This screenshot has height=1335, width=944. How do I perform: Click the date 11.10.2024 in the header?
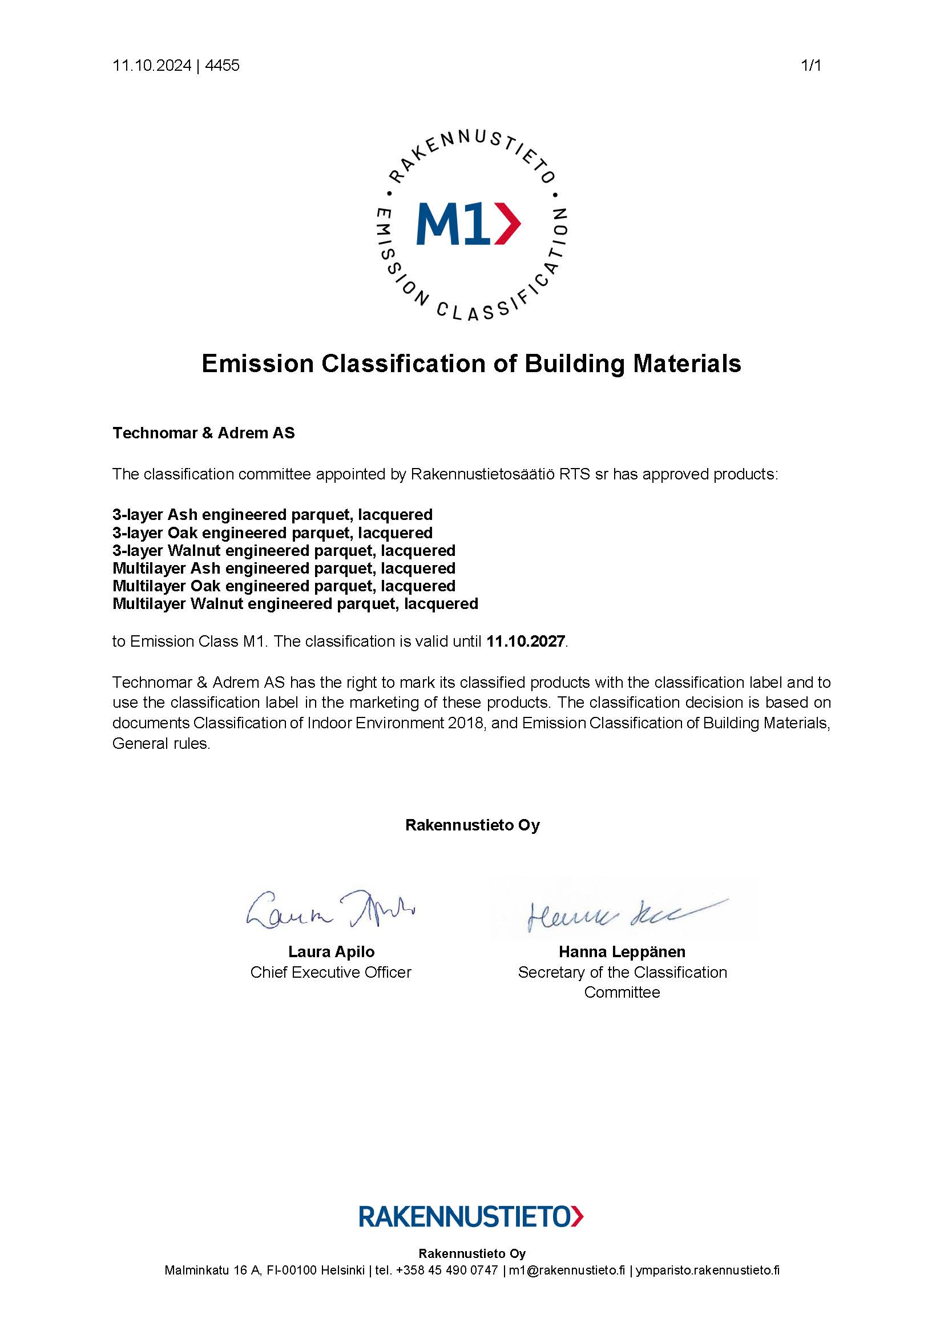[152, 66]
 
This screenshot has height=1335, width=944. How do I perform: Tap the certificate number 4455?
[222, 66]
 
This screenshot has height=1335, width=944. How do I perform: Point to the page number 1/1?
[811, 66]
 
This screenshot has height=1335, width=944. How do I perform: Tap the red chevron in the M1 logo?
[507, 224]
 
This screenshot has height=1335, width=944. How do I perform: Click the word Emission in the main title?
[257, 364]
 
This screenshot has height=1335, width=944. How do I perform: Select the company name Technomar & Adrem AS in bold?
[203, 433]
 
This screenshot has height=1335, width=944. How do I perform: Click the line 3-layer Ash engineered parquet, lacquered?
[272, 515]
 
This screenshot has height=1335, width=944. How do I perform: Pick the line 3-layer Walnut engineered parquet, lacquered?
[284, 550]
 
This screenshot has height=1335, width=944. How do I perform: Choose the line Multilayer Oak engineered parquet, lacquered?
[284, 586]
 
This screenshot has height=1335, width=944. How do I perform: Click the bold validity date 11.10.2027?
[526, 642]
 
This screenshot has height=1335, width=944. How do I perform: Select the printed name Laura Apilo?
[332, 952]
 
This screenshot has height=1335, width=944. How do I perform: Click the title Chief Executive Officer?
[331, 972]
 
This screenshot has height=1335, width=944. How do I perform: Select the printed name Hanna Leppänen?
[622, 952]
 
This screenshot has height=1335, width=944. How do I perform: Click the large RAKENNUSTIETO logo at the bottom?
[471, 1216]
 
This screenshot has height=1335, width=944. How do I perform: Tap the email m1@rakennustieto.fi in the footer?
[567, 1271]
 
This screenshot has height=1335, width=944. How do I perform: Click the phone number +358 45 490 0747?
[446, 1271]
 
